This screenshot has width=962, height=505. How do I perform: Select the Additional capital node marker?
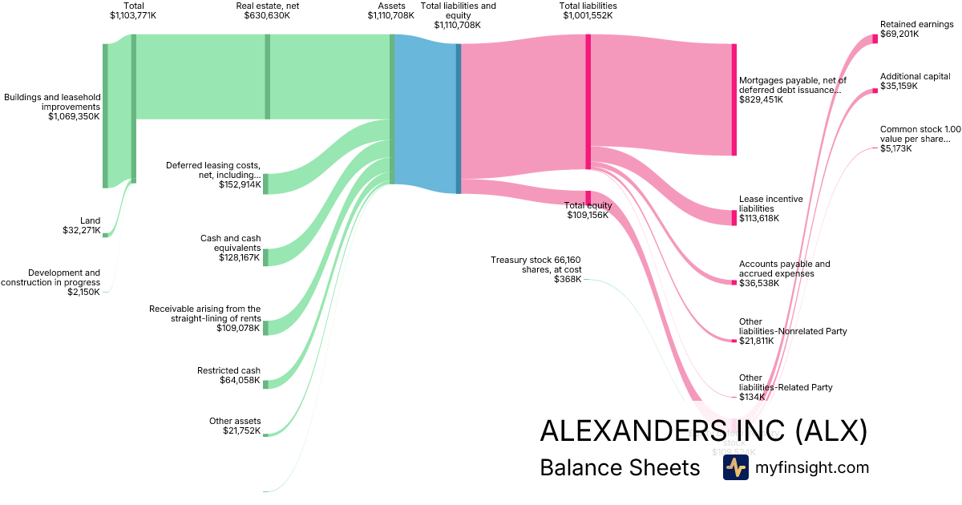(x=875, y=91)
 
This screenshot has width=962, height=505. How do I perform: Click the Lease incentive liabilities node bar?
(x=734, y=218)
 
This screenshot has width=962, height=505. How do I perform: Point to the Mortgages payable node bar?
(x=734, y=99)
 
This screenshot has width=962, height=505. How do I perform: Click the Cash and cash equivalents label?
(x=230, y=243)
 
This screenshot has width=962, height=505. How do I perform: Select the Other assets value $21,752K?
(x=241, y=431)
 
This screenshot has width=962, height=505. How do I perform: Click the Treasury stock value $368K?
(x=568, y=279)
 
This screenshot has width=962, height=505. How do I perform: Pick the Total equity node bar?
(x=588, y=197)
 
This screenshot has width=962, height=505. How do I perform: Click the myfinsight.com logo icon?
(x=735, y=467)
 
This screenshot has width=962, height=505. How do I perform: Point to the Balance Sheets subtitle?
(x=620, y=467)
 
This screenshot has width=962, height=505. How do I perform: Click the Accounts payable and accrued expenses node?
(x=734, y=282)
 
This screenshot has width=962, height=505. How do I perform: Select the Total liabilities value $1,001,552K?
(x=588, y=15)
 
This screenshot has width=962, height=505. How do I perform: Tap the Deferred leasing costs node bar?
(x=265, y=184)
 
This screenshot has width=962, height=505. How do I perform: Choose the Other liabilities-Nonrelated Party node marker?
(x=734, y=341)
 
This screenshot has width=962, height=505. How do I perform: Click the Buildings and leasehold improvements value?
(x=74, y=116)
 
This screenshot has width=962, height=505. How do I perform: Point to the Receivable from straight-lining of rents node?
(x=265, y=327)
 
